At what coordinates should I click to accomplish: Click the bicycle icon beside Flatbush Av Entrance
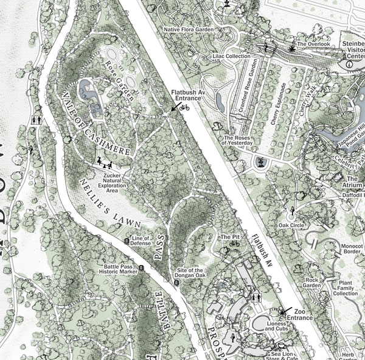(185, 107)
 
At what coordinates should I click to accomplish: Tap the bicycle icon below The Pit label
(234, 244)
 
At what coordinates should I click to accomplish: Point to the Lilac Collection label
(231, 56)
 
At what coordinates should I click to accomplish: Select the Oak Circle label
(291, 225)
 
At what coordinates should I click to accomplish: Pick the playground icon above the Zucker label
(105, 163)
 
